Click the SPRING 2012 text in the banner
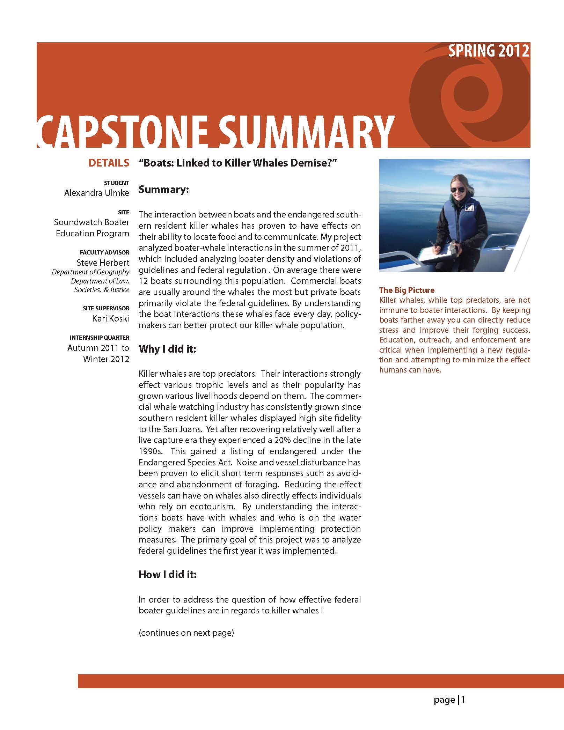tap(489, 51)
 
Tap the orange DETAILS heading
tap(109, 163)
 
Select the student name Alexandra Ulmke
tap(97, 193)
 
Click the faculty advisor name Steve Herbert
tap(103, 263)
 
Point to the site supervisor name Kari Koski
tap(111, 318)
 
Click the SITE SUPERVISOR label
tap(106, 308)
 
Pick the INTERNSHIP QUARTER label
tap(100, 338)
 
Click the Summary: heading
tap(164, 190)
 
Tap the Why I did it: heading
tap(167, 349)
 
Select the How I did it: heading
tap(168, 574)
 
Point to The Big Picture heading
tap(407, 290)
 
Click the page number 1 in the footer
tap(463, 699)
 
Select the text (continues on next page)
tap(186, 633)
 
